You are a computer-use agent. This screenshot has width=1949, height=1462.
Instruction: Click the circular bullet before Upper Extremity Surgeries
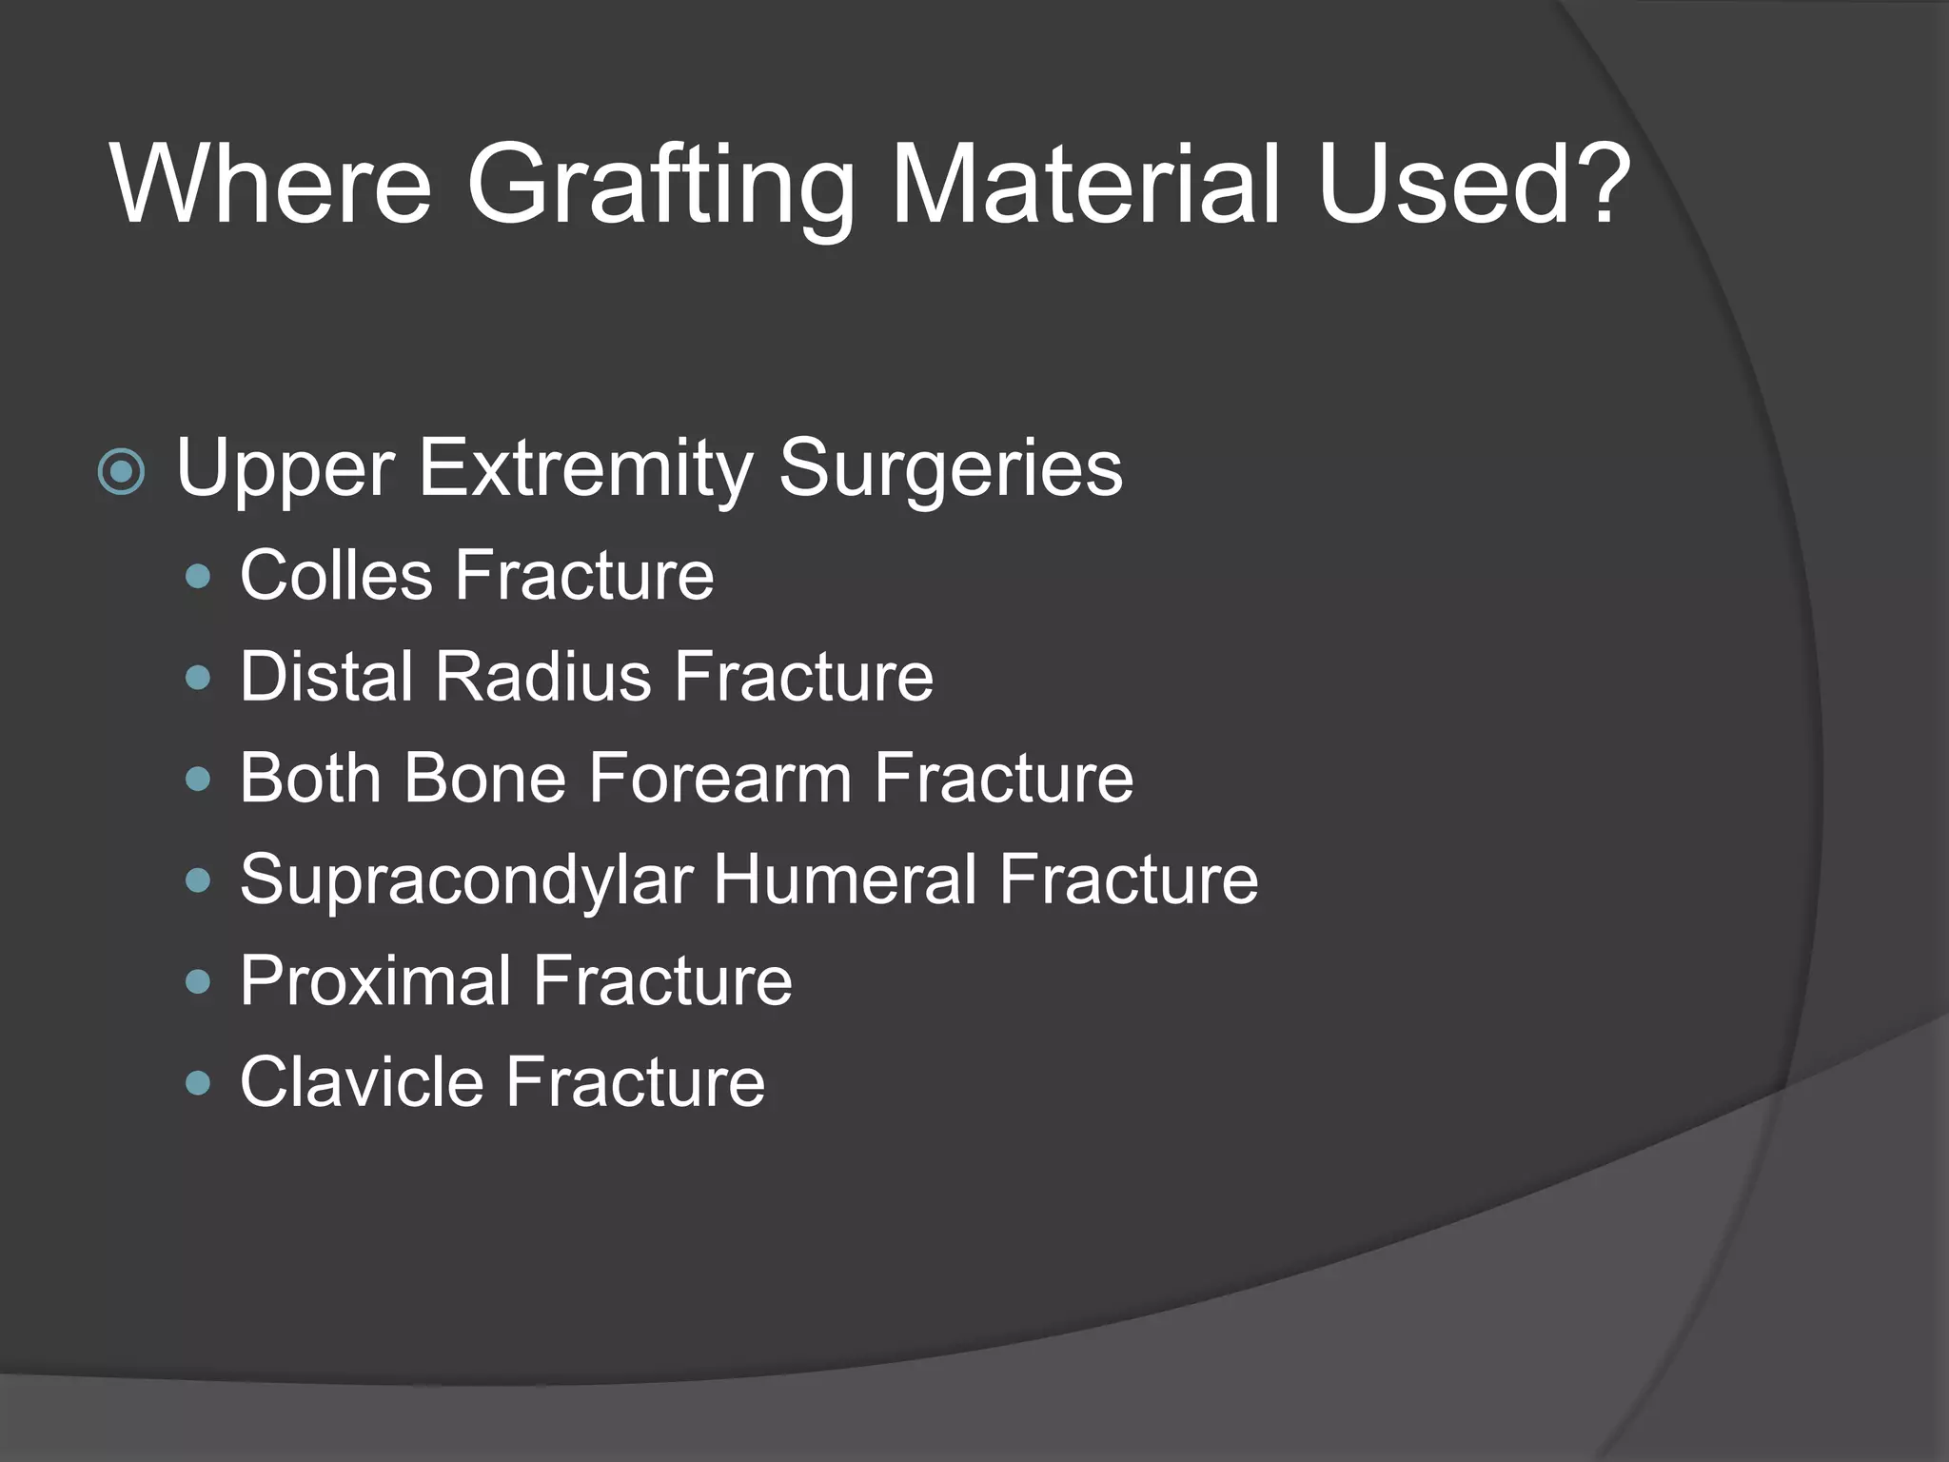tap(122, 472)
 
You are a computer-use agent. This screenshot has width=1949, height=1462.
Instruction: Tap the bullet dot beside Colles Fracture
tap(198, 577)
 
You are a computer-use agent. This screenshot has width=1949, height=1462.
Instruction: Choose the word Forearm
tap(719, 779)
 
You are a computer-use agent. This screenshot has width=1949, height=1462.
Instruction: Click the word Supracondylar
tap(466, 881)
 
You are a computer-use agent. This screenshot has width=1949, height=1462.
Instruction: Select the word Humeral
tap(844, 879)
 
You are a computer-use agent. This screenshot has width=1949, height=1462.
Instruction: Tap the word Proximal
tap(376, 981)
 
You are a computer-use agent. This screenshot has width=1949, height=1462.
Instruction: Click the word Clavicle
tap(363, 1082)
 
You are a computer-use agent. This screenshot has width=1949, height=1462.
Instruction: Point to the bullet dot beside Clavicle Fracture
tap(198, 1083)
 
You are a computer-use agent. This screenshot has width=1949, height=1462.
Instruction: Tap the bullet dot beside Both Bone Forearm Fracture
tap(198, 780)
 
